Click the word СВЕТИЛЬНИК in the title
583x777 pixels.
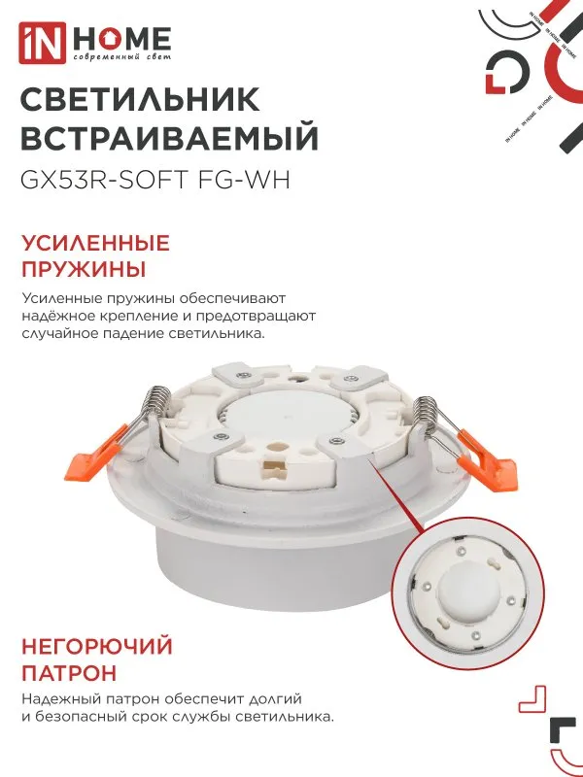tap(140, 99)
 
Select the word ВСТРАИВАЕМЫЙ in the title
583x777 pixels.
tap(169, 140)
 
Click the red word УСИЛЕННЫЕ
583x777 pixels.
tap(94, 243)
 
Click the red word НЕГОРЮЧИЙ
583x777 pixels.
tap(96, 646)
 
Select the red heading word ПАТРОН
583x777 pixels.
tap(68, 671)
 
